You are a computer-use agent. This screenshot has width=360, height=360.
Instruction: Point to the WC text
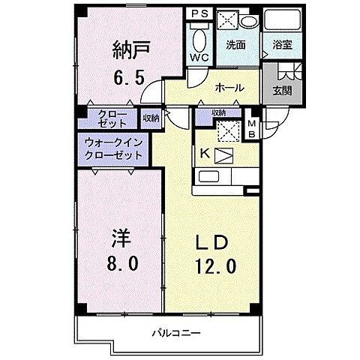click(199, 58)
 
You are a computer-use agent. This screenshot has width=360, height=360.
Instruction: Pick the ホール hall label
click(229, 88)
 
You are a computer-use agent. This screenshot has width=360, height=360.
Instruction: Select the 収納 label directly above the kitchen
click(218, 112)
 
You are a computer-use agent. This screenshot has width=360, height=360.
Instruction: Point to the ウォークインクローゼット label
click(113, 146)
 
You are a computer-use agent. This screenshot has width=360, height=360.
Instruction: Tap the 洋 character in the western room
click(123, 239)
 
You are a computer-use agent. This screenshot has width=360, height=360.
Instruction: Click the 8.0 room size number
click(123, 265)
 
